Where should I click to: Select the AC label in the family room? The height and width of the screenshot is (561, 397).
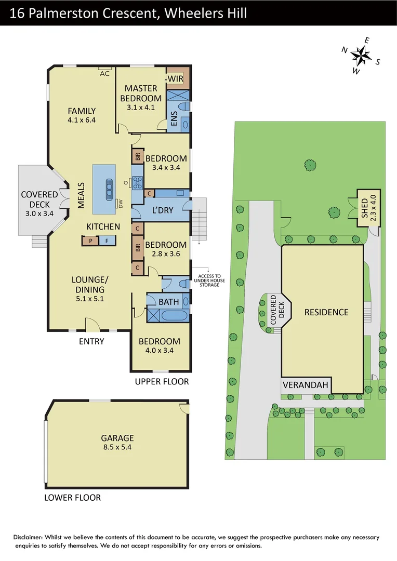coord(104,73)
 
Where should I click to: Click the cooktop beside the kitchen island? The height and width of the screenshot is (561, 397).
coord(138,182)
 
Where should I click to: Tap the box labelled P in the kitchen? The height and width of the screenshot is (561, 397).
coord(90,241)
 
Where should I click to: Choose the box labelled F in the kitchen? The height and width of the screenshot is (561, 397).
coord(107,241)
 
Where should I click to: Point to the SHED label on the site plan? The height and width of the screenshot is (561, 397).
coord(364,208)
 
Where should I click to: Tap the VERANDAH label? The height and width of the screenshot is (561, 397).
coord(306,385)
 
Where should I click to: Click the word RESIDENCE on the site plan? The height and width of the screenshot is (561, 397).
coord(326,312)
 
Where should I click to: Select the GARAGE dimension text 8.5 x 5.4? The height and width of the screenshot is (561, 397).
coord(117,447)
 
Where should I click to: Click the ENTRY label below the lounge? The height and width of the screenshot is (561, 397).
coord(91,341)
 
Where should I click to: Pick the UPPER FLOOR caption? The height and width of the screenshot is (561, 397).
coord(162,382)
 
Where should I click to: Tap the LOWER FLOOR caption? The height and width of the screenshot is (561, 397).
coord(72,498)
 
